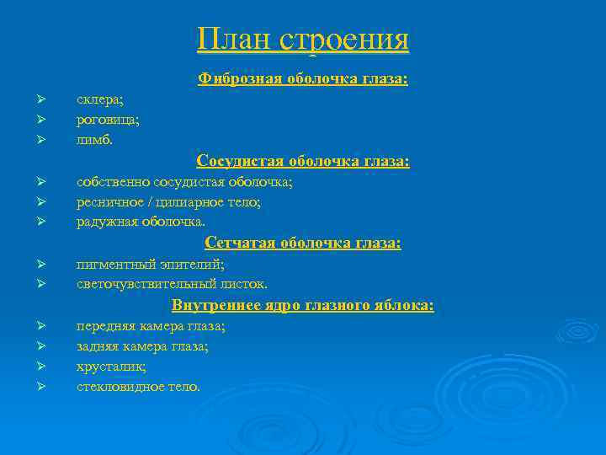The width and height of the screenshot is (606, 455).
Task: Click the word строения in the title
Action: pyautogui.click(x=344, y=40)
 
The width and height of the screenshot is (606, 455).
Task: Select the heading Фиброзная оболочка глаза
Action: pyautogui.click(x=303, y=78)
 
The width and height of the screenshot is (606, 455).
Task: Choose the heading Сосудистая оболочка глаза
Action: pyautogui.click(x=303, y=160)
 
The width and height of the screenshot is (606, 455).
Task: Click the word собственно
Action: pyautogui.click(x=113, y=181)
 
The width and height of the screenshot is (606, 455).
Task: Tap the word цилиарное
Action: pyautogui.click(x=194, y=202)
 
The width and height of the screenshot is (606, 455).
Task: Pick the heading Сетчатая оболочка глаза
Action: pyautogui.click(x=303, y=243)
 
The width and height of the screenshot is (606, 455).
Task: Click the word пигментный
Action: pyautogui.click(x=114, y=264)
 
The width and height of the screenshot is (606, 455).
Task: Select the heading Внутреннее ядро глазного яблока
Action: pyautogui.click(x=303, y=304)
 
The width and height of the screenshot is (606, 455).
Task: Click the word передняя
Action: pyautogui.click(x=105, y=325)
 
